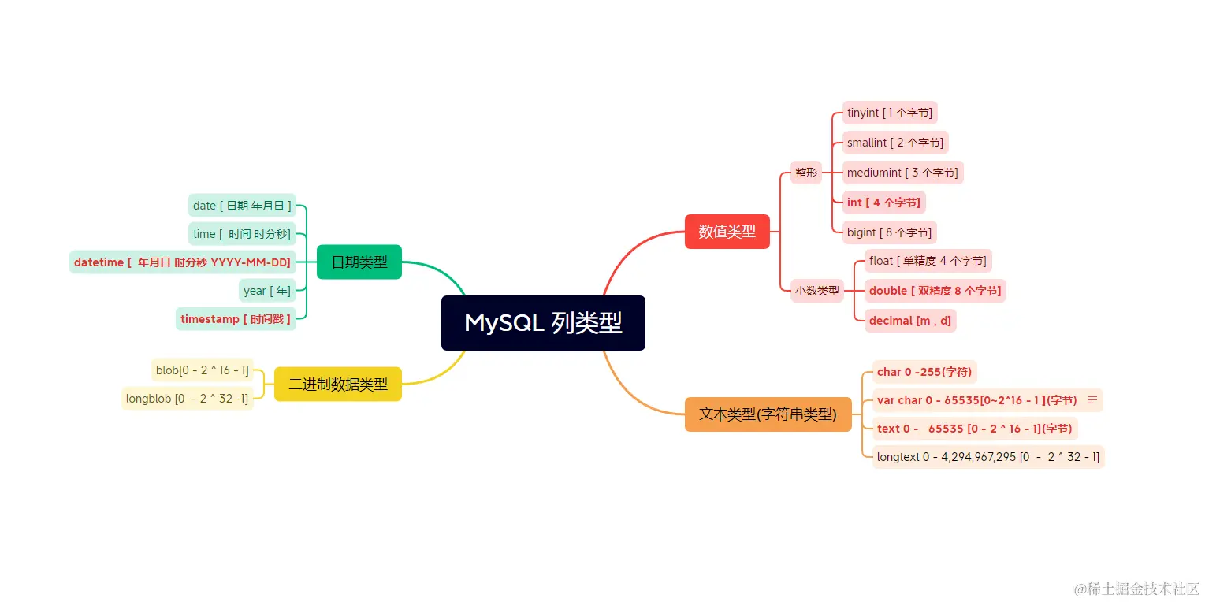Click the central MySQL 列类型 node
tap(543, 323)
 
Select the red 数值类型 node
tap(727, 232)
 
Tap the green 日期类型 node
tap(359, 262)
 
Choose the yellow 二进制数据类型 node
tap(337, 385)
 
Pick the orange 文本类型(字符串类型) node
tap(768, 414)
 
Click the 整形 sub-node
tap(805, 173)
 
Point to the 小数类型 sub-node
tap(816, 291)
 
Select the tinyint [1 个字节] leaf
tap(889, 113)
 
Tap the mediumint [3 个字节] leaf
tap(902, 173)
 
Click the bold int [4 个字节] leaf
tap(883, 203)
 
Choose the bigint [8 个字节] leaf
tap(889, 232)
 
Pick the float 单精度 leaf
tap(927, 261)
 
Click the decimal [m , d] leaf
tap(909, 321)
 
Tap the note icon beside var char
tap(1092, 400)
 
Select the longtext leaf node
tap(987, 457)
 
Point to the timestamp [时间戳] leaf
tap(236, 319)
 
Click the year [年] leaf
tap(267, 291)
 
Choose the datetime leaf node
tap(182, 262)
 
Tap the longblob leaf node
tap(188, 399)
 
